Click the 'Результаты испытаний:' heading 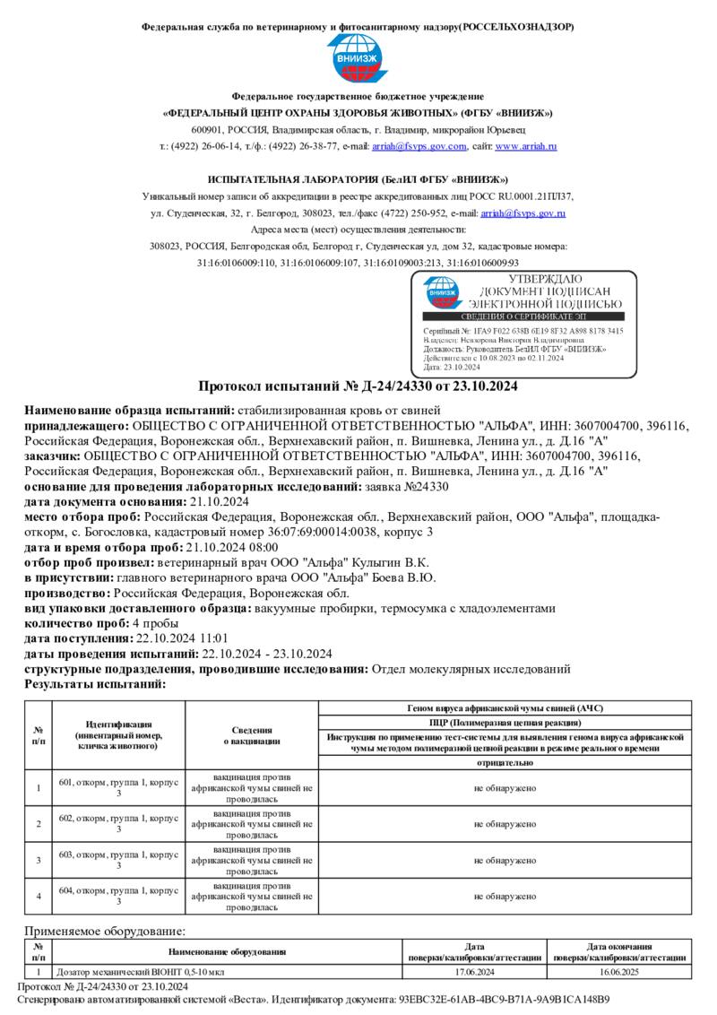point(95,683)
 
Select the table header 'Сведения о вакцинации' point(252,735)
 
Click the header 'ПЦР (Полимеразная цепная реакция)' point(505,721)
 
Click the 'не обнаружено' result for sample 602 point(505,823)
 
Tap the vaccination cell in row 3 point(252,860)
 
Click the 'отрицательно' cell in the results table point(505,762)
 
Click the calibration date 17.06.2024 point(475,971)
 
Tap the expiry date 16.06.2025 point(619,971)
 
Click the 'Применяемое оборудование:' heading point(105,932)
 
